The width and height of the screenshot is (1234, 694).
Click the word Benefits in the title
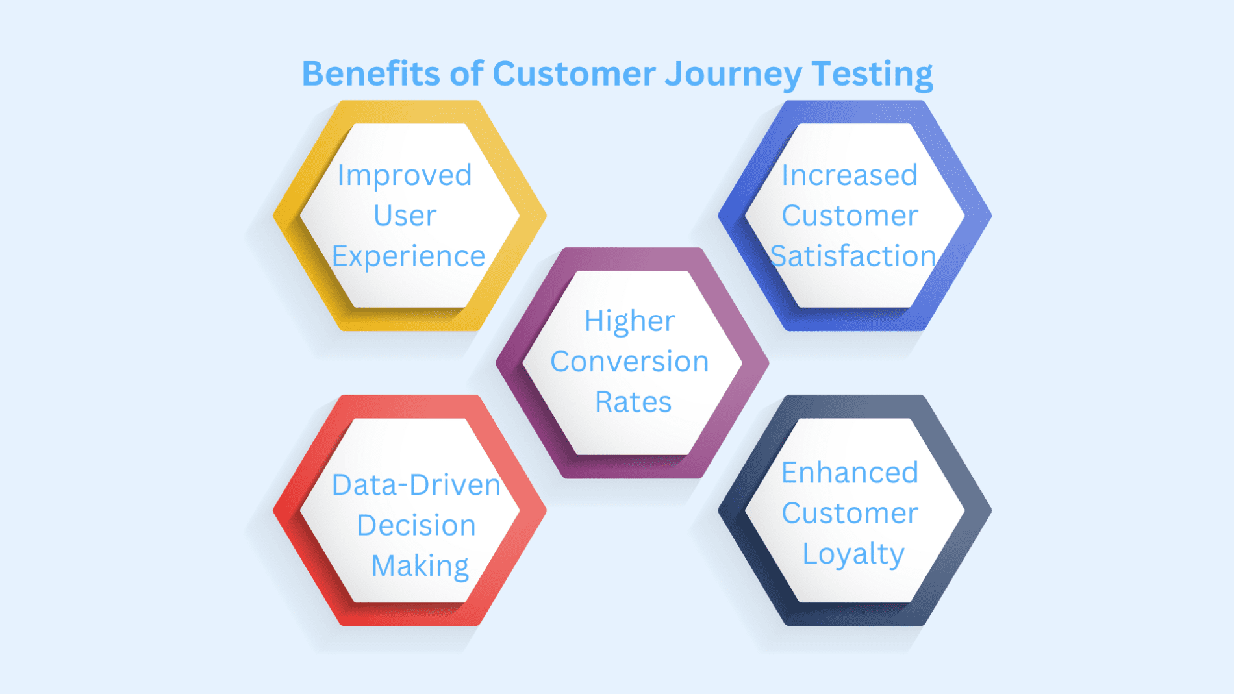point(371,73)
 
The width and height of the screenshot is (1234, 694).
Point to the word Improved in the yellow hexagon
point(405,176)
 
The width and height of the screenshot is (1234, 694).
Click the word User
point(405,216)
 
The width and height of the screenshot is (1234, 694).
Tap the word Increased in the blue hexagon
point(850,176)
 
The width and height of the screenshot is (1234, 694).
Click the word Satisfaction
point(853,256)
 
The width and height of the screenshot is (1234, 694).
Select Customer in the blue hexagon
point(850,216)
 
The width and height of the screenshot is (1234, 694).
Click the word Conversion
point(629,362)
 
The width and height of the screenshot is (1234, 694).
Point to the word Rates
point(633,403)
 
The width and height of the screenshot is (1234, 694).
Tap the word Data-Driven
point(416,485)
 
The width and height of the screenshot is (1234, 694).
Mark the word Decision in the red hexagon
point(416,526)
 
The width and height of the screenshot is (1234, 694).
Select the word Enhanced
point(850,473)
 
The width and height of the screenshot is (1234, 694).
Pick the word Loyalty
point(853,554)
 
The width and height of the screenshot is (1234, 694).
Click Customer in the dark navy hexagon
point(850,514)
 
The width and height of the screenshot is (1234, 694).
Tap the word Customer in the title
point(574,73)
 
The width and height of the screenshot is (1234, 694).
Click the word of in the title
point(466,73)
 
